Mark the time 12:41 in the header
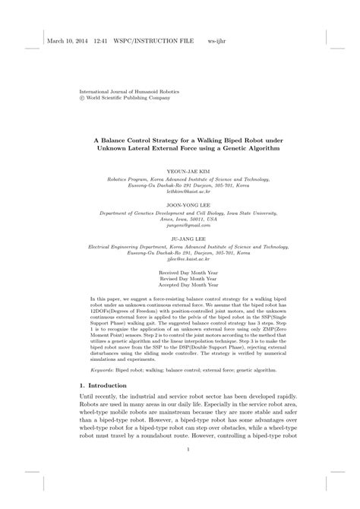point(101,41)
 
